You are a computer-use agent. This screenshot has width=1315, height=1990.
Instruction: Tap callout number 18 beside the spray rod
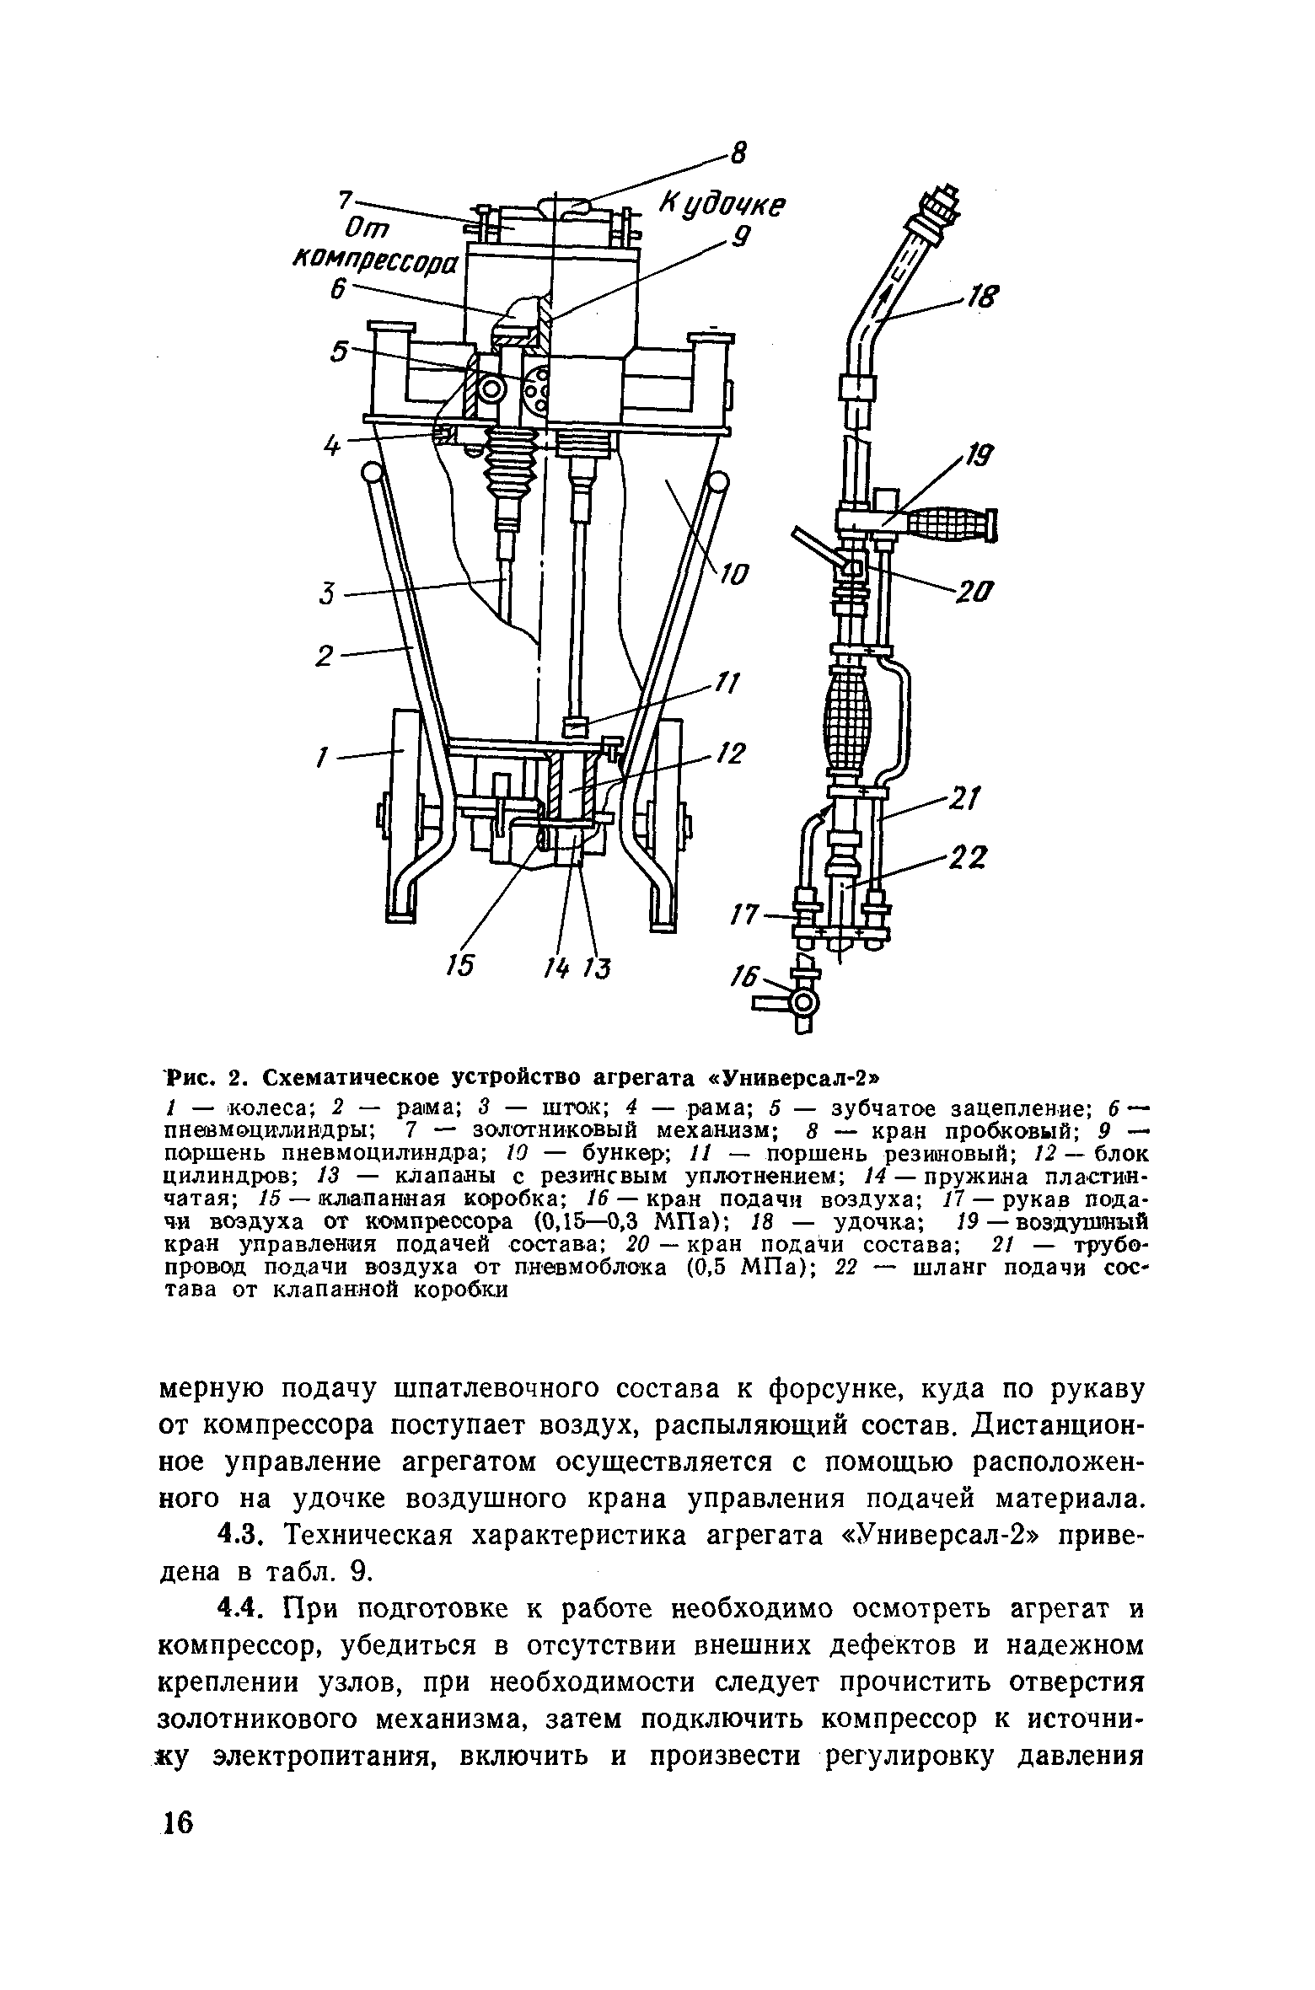pos(979,298)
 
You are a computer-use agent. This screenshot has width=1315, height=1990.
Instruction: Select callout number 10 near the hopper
pos(736,577)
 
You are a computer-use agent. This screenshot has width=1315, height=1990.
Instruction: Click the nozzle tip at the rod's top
pos(942,206)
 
